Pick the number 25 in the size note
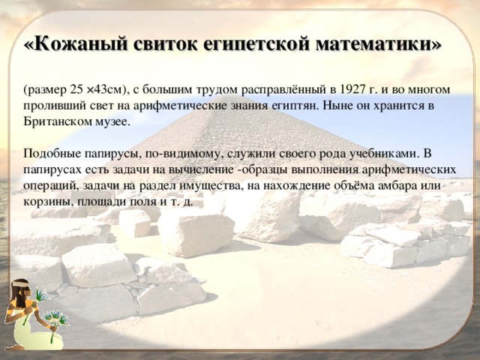76,90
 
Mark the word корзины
48,202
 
